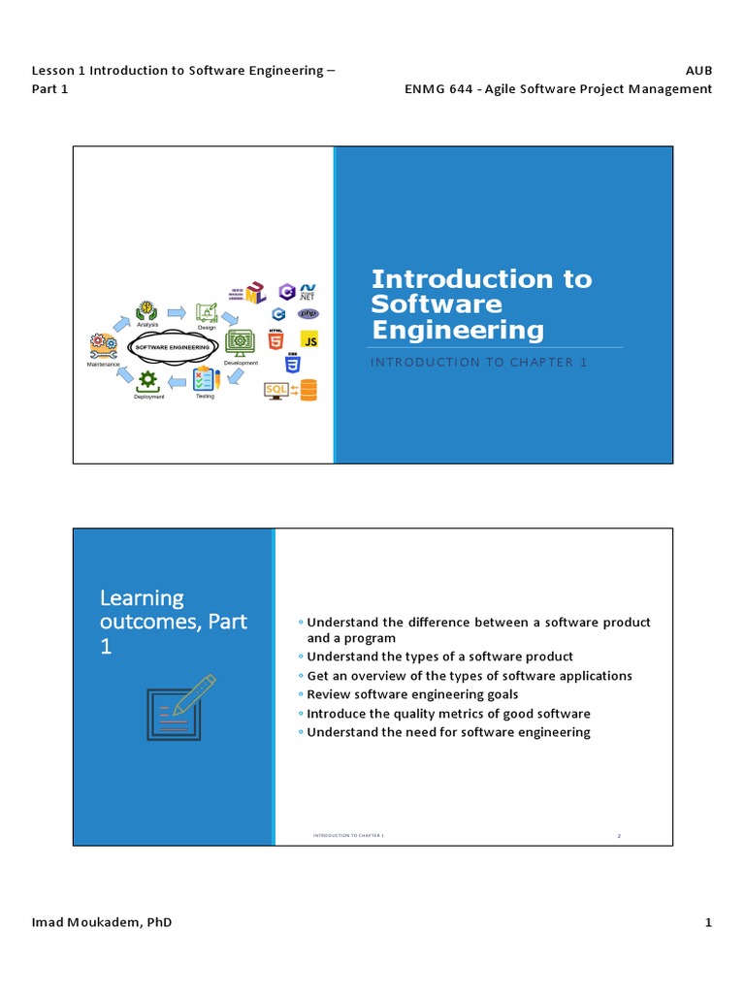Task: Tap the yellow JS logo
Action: click(x=309, y=341)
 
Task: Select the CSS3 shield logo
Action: click(x=290, y=365)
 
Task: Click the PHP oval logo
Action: click(x=308, y=314)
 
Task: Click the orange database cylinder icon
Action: click(x=308, y=390)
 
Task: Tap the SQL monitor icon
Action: click(x=277, y=390)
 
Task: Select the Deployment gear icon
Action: click(x=148, y=381)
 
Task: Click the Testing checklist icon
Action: click(x=206, y=379)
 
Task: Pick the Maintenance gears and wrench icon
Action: click(x=103, y=346)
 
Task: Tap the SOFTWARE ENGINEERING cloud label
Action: click(x=172, y=346)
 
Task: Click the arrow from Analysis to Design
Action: click(x=177, y=312)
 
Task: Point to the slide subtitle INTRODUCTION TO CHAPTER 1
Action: click(x=480, y=362)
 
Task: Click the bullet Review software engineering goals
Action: click(x=412, y=694)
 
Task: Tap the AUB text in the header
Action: click(x=698, y=71)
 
